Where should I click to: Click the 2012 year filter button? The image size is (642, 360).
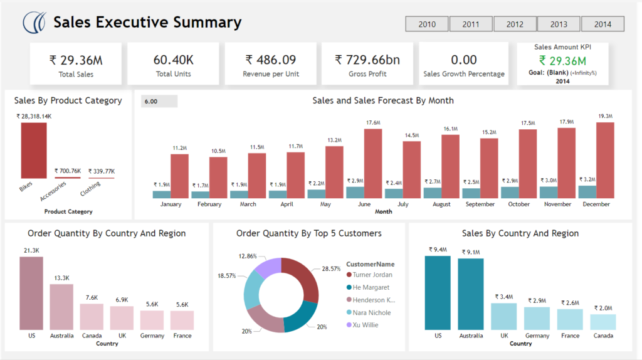point(515,24)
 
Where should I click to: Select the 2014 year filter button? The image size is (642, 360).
point(603,24)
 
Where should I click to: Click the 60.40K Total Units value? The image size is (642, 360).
point(173,60)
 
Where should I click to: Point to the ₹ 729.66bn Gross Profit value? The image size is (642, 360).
point(367,60)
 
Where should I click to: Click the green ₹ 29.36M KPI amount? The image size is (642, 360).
point(562,61)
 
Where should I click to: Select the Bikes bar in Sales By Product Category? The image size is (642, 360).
point(34,151)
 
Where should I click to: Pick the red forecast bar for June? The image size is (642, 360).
point(373,164)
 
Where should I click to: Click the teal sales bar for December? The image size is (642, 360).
point(587,192)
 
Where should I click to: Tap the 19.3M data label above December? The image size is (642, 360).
point(604,116)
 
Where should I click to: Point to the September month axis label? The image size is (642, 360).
point(480,204)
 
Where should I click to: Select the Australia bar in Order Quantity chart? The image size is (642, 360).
point(61,307)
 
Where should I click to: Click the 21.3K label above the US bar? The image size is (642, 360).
point(31,251)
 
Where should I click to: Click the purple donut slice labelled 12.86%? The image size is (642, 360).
point(270,268)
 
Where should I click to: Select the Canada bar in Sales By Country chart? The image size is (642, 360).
point(603,322)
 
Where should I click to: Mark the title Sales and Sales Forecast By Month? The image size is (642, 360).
point(382,100)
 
